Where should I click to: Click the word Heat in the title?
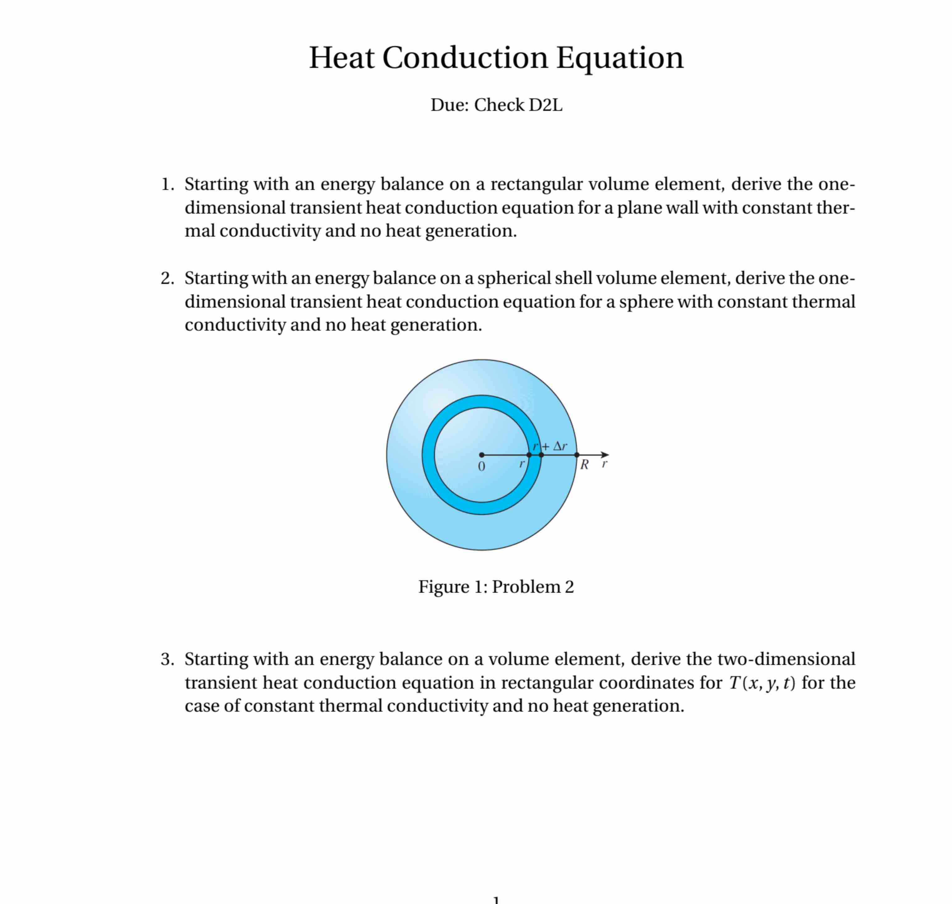tap(341, 58)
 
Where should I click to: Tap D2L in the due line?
tap(545, 105)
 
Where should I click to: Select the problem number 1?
tap(167, 184)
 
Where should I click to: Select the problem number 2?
tap(167, 278)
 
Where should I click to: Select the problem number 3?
tap(167, 659)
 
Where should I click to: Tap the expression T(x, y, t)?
tap(762, 682)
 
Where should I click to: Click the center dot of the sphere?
tap(482, 455)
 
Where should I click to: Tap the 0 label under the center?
tap(481, 466)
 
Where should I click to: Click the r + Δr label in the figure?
tap(550, 446)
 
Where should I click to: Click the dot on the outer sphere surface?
tap(577, 455)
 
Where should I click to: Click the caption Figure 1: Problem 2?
tap(496, 587)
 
